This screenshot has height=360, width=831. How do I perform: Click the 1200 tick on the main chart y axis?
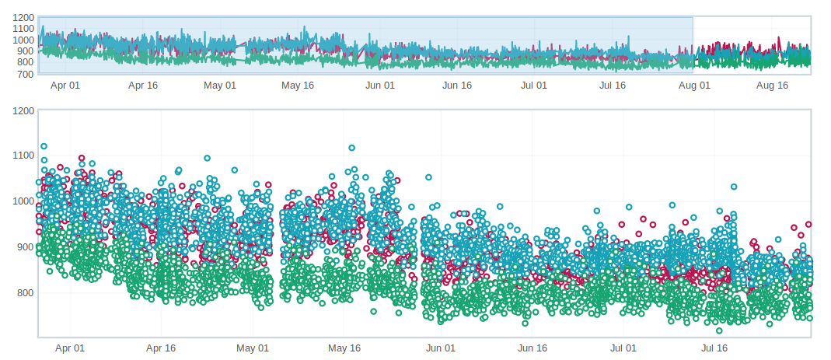24,110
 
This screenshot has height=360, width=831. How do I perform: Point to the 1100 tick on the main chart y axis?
24,156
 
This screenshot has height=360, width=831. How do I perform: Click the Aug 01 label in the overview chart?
695,86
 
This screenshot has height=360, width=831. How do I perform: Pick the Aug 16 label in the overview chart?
772,86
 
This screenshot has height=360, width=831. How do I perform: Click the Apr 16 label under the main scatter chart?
161,348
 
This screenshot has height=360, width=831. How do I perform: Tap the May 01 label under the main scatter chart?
253,348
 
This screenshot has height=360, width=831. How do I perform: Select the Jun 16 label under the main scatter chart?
532,348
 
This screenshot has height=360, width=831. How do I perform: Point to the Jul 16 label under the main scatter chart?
714,348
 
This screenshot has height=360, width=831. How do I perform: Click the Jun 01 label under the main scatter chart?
440,348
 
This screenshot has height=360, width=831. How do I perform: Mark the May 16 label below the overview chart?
298,86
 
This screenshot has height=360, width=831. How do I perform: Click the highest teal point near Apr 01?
44,146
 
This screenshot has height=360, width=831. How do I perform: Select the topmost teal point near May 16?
351,148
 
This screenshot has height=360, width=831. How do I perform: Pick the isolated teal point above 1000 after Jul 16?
733,187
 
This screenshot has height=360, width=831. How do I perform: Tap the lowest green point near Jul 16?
719,330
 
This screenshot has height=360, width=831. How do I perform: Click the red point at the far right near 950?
808,224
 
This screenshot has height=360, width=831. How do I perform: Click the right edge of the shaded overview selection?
693,45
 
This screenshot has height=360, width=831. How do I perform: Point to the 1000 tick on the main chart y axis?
24,201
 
